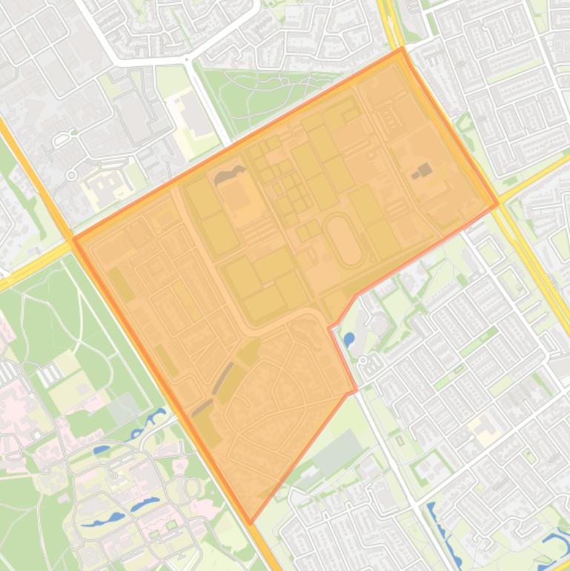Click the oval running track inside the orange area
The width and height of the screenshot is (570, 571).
click(345, 240)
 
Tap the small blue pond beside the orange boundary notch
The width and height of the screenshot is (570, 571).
click(348, 340)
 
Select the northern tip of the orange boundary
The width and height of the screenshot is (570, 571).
click(402, 50)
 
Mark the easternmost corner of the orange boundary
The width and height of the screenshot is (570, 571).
click(497, 205)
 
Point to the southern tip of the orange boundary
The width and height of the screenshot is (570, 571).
click(251, 522)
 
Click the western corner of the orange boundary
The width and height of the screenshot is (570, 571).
click(75, 240)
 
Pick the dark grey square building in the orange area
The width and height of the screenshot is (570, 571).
click(424, 171)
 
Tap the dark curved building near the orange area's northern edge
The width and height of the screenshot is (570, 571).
click(231, 175)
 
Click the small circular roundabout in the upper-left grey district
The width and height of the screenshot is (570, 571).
click(71, 175)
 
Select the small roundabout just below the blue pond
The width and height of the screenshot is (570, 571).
click(363, 360)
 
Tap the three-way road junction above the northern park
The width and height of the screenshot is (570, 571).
click(186, 59)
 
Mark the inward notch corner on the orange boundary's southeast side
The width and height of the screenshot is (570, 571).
click(330, 327)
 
